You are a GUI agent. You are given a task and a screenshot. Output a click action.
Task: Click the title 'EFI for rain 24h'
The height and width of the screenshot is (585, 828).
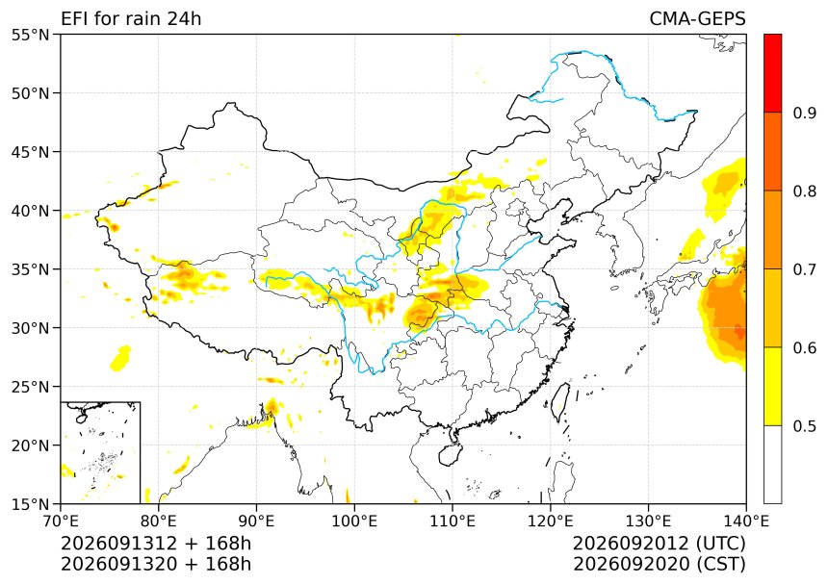point(131,19)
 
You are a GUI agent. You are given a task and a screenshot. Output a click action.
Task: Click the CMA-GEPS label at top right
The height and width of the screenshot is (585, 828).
point(697,19)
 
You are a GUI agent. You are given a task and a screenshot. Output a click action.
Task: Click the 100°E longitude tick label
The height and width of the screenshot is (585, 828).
point(354,521)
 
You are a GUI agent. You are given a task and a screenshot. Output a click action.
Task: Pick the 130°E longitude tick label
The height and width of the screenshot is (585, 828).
point(649,521)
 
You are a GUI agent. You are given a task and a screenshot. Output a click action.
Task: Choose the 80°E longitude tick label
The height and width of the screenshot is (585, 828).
point(159,521)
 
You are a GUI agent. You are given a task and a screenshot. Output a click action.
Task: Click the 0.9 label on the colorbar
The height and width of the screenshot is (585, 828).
point(804,113)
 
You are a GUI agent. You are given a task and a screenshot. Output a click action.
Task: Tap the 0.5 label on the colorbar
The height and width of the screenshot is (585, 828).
point(804,426)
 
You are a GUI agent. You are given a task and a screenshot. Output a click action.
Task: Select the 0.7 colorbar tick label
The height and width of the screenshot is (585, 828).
point(804,269)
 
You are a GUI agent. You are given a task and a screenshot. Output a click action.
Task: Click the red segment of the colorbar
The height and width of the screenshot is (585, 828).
point(772,73)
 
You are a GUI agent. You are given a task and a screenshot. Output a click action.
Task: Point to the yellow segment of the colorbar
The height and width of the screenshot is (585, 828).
point(772,386)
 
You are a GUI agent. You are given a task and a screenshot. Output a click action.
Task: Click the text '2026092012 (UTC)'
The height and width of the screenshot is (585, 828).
point(659,544)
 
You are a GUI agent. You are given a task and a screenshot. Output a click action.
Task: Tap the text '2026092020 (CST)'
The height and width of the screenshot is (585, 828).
point(659,565)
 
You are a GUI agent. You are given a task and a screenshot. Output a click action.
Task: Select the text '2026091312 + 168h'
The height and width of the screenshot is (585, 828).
point(156,544)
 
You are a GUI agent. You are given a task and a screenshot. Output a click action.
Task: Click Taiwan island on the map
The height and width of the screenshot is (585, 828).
point(560,402)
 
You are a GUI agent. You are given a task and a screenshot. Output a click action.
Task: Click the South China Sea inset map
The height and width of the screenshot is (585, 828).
point(100,452)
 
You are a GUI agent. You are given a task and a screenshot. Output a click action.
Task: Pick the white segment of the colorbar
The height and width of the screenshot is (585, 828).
point(772,464)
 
